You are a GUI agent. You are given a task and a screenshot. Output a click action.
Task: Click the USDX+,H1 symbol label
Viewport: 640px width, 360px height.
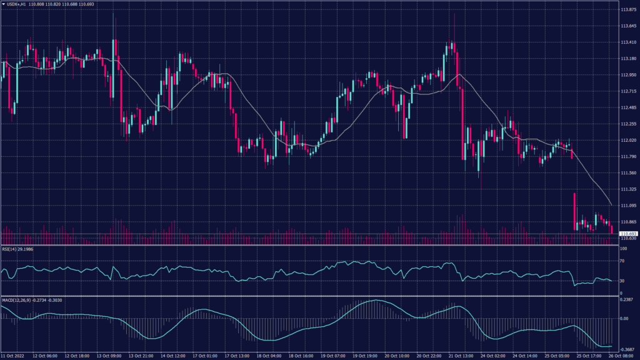pos(17,5)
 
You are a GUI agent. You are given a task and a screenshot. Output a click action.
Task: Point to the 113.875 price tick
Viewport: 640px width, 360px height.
pos(627,10)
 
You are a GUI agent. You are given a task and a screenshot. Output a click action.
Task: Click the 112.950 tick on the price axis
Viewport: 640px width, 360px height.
pos(627,75)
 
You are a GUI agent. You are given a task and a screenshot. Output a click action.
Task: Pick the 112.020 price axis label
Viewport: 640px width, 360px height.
pos(627,140)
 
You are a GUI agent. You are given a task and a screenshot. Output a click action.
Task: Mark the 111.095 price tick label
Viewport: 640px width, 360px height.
pos(627,206)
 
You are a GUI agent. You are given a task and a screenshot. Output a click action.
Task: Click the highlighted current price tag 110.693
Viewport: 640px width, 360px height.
pos(627,234)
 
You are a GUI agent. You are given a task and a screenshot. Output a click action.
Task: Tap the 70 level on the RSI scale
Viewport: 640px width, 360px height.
pos(622,262)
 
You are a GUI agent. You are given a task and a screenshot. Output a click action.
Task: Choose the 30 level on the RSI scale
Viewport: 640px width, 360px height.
pos(622,281)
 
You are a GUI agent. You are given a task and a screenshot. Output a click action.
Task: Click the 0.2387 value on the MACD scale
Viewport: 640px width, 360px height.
pos(627,299)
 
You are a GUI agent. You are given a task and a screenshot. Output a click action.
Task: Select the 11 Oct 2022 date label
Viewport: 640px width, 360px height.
pos(14,356)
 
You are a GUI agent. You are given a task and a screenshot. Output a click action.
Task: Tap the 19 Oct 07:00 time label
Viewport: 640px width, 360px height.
pos(333,356)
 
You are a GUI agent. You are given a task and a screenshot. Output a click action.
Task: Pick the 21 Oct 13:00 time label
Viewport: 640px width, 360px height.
pos(460,356)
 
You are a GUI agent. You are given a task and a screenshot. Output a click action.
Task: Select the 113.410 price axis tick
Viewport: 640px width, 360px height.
pos(627,42)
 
